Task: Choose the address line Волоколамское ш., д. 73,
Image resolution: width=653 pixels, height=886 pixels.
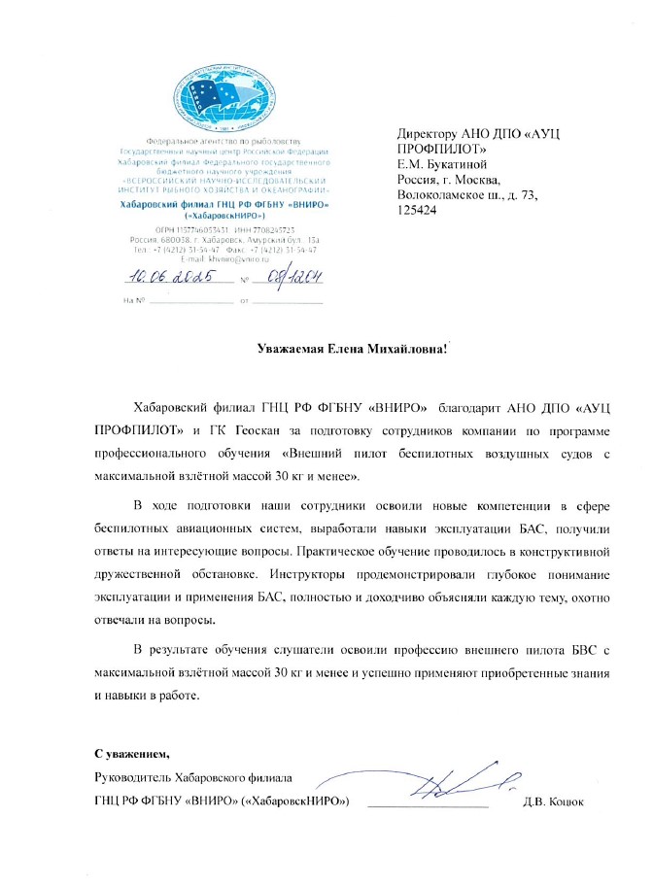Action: click(x=468, y=195)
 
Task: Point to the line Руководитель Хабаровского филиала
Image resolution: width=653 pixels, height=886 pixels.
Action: click(x=193, y=777)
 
